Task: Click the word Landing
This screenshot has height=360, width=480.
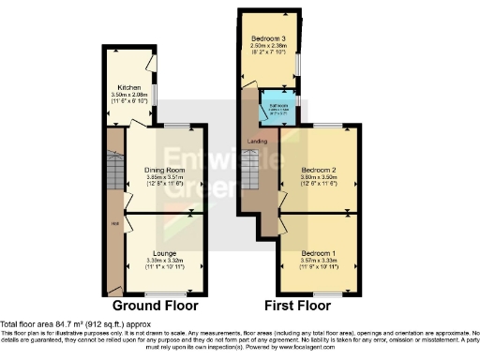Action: pyautogui.click(x=257, y=142)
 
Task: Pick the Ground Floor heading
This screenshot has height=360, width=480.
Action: pyautogui.click(x=155, y=306)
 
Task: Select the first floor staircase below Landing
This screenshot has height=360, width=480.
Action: pyautogui.click(x=251, y=172)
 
